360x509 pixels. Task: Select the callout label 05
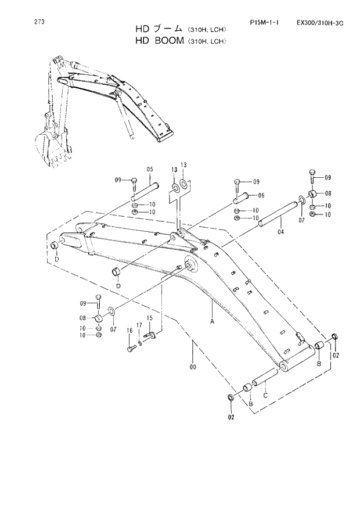click(149, 169)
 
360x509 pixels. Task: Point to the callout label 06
click(261, 195)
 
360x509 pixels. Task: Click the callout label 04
click(280, 232)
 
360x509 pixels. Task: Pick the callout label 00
click(193, 367)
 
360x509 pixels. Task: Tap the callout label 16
click(130, 331)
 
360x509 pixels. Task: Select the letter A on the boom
click(212, 321)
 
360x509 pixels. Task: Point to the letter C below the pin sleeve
click(265, 395)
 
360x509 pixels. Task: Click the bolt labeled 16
click(131, 348)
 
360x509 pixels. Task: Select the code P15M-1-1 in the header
click(264, 23)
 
